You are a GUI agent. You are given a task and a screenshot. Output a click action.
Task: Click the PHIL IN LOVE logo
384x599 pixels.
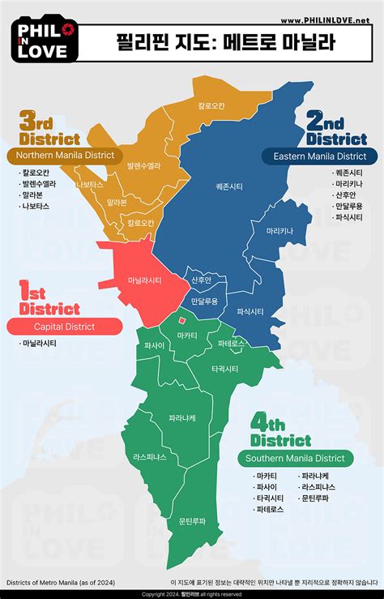[x=47, y=40]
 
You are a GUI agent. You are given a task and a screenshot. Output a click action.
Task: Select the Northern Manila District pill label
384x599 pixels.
[x=65, y=154]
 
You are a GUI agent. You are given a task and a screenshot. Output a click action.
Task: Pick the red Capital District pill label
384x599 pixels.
[x=64, y=327]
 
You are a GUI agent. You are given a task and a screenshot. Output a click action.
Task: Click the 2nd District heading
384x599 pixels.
[x=336, y=130]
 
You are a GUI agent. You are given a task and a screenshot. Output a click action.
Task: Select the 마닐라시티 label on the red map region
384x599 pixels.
[x=144, y=280]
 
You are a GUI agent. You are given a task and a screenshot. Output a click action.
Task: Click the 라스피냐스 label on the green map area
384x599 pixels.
[x=150, y=457]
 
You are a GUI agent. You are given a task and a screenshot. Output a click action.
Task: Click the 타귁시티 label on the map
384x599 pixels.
[x=224, y=369]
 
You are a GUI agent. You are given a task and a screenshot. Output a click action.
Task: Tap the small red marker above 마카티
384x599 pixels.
[x=183, y=321]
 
